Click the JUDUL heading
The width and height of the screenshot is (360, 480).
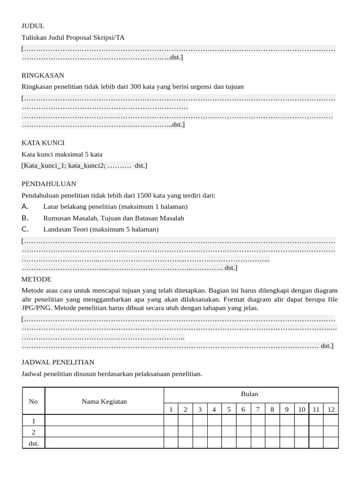point(33,26)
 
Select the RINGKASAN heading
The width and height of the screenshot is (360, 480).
point(43,75)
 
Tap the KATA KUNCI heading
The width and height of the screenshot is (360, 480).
point(43,142)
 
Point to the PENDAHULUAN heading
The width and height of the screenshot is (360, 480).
point(49,184)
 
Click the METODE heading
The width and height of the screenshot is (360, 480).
point(37,279)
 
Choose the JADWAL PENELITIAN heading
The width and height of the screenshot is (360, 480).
point(58,362)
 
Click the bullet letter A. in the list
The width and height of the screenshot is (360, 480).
point(25,207)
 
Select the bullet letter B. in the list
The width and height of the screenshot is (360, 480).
point(25,218)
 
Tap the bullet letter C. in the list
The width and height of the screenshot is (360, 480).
point(25,229)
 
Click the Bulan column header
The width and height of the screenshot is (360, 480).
point(249,394)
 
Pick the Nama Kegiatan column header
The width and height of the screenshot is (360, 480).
point(104,401)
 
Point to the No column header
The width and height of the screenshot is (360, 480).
point(33,401)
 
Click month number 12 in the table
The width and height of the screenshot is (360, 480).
point(331,409)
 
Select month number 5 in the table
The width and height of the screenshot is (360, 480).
point(229,409)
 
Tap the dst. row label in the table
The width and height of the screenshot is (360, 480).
point(33,443)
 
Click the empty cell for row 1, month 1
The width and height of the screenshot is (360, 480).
point(171,420)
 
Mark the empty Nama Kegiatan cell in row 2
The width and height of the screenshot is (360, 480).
point(104,432)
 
